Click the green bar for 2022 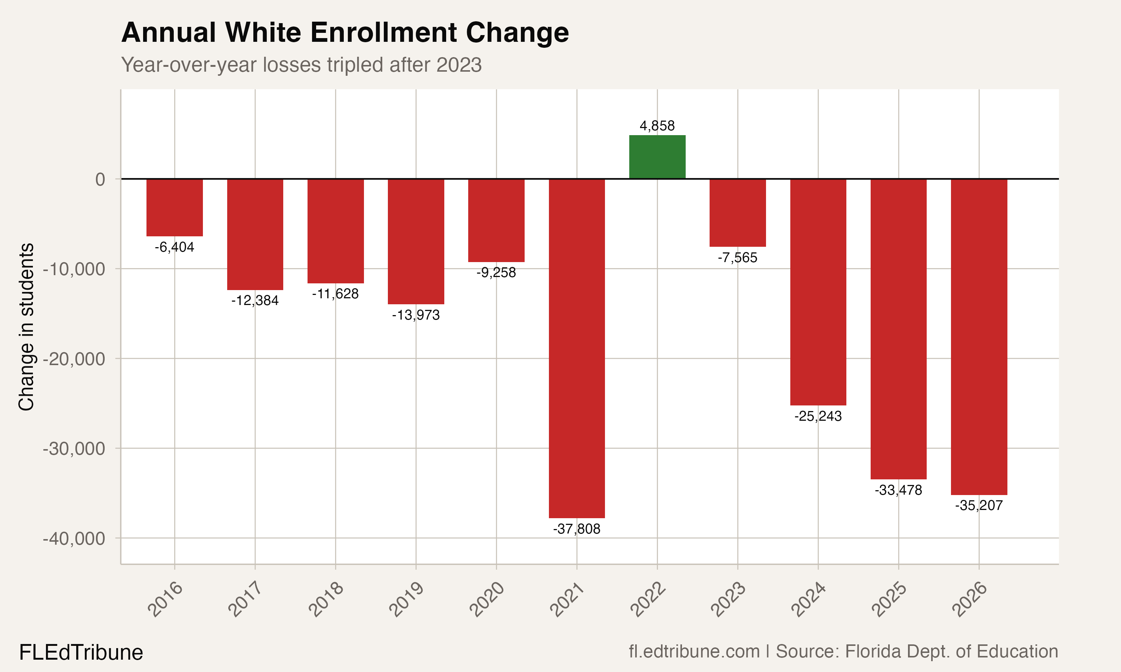pos(657,157)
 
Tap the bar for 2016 pos(175,208)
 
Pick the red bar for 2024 pos(818,292)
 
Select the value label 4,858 pos(657,126)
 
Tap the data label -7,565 pos(737,258)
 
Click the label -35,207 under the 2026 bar pos(979,505)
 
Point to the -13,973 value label pos(416,315)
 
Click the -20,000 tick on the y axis pos(74,359)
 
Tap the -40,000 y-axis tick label pos(74,539)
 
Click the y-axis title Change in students pos(26,327)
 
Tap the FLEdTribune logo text pos(81,653)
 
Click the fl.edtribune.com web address pos(694,651)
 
